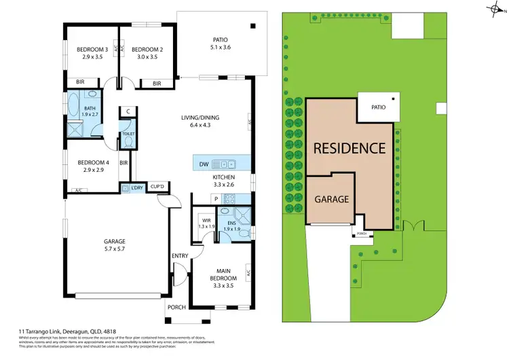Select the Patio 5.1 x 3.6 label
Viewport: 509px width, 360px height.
[221, 43]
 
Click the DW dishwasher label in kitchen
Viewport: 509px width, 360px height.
[204, 164]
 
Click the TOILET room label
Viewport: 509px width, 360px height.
[128, 134]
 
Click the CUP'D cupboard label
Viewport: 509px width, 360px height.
[158, 187]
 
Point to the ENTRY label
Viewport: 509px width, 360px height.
[180, 255]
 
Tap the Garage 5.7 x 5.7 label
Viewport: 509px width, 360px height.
[113, 245]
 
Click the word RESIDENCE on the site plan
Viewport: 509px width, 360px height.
[349, 147]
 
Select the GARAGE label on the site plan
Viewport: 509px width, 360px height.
[331, 199]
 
